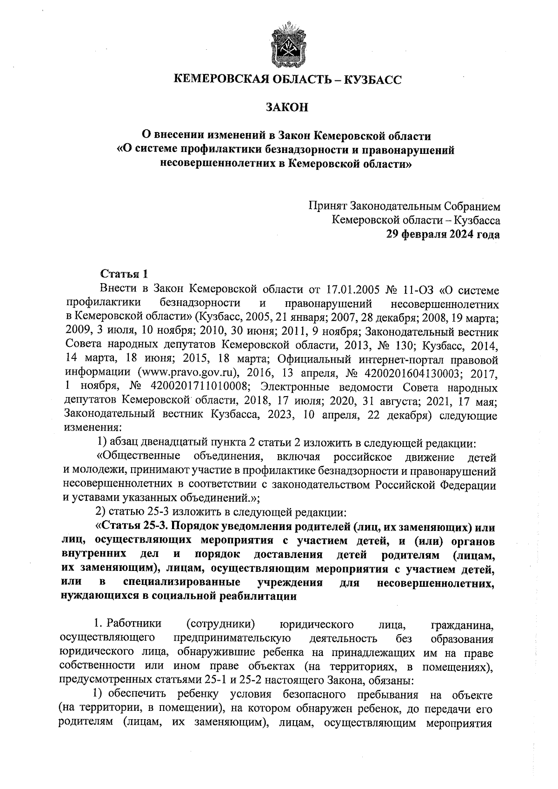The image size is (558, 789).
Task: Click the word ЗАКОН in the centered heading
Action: coord(286,108)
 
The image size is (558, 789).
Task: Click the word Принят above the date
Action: coord(327,206)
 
